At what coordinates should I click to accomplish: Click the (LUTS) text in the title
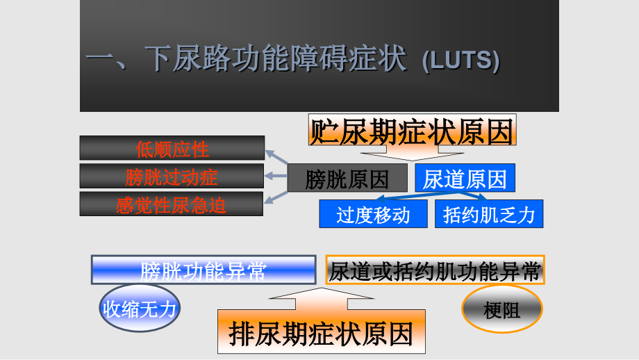[x=461, y=60]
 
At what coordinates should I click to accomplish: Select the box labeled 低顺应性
[x=172, y=148]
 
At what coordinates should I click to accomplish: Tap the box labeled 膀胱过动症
[x=172, y=176]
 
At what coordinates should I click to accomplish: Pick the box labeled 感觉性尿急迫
[x=171, y=204]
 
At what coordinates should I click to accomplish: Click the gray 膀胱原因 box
[x=347, y=178]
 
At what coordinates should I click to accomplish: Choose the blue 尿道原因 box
[x=465, y=178]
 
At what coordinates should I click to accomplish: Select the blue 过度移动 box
[x=373, y=213]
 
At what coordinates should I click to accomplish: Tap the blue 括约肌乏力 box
[x=489, y=213]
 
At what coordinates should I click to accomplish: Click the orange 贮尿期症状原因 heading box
[x=413, y=130]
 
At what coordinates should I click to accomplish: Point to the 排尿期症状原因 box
[x=322, y=332]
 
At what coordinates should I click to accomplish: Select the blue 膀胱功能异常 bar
[x=204, y=270]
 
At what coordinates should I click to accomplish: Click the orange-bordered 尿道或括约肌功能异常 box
[x=435, y=270]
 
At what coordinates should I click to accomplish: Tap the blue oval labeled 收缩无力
[x=140, y=308]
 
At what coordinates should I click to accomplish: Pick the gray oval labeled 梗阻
[x=502, y=309]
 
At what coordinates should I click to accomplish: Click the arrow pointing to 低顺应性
[x=276, y=157]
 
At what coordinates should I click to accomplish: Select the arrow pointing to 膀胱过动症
[x=276, y=176]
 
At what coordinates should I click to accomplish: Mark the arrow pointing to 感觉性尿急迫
[x=276, y=197]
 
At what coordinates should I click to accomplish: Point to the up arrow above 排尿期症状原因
[x=321, y=298]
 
